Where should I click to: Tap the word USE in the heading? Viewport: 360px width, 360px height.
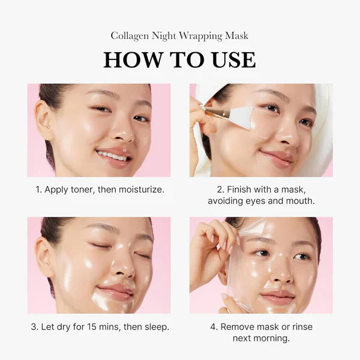pos(231,60)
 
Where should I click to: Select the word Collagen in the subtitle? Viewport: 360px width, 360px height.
pos(130,36)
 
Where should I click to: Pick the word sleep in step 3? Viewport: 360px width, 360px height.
pos(157,327)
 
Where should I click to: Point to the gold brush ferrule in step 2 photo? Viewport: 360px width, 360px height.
pos(215,112)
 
